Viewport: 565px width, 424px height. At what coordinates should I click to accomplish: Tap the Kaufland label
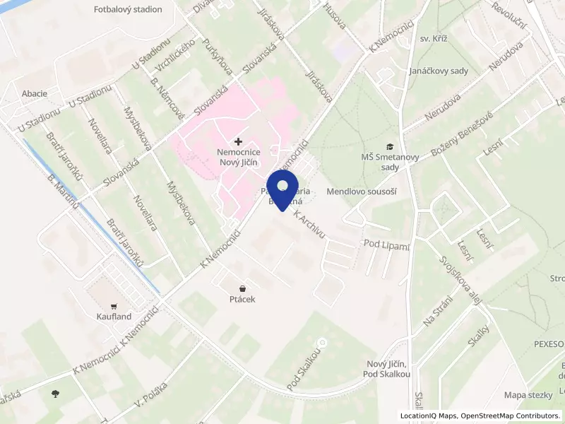click(x=114, y=317)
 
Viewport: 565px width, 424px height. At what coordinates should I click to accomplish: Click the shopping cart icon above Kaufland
click(x=114, y=306)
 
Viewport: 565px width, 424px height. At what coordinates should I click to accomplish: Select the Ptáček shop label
click(x=242, y=300)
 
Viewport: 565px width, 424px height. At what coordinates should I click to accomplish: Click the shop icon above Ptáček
click(x=242, y=288)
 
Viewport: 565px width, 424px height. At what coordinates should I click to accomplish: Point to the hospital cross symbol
click(x=237, y=142)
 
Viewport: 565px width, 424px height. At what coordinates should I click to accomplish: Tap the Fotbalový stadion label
click(x=128, y=10)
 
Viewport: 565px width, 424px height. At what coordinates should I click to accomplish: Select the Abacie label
click(x=35, y=93)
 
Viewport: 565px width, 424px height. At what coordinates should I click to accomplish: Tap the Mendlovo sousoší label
click(x=362, y=192)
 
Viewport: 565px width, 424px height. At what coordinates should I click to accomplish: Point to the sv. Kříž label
click(x=435, y=39)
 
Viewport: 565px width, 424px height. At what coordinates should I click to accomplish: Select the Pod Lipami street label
click(x=386, y=245)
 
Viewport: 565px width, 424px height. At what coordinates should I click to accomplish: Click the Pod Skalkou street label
click(x=304, y=368)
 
